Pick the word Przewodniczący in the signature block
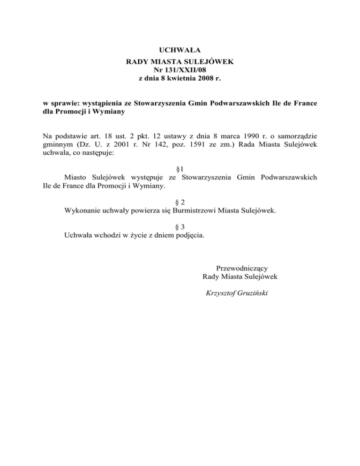[240, 268]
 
